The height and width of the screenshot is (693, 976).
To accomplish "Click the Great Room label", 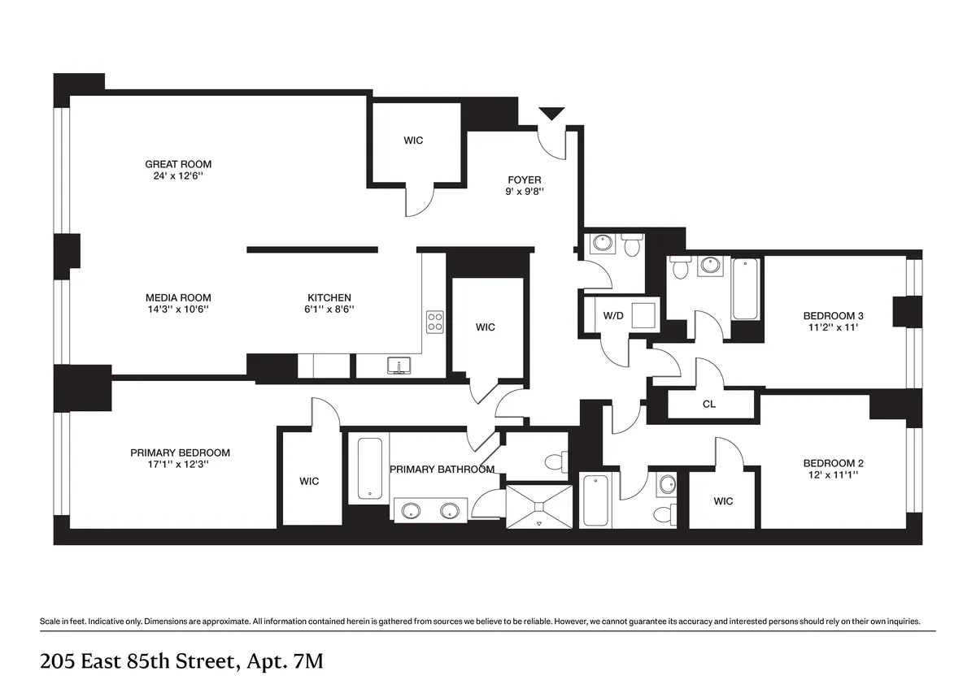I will coord(178,164).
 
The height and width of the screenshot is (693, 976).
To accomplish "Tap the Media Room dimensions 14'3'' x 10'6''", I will coord(178,309).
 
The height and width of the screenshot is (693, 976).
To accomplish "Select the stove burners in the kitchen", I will coord(435,322).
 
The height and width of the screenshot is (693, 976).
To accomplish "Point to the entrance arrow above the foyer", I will coord(552,114).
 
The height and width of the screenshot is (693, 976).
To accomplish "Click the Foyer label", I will coord(524,180).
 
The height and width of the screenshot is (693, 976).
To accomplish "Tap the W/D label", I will coord(612,316).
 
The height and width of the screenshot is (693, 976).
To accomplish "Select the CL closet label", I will coord(708,404).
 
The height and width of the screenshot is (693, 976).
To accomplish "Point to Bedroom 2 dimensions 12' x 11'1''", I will coord(833,474).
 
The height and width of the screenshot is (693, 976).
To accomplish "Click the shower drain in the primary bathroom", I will coord(538,506).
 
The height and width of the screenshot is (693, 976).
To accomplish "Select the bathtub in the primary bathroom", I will coord(369,469).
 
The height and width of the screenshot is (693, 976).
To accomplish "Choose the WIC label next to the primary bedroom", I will coord(309,481).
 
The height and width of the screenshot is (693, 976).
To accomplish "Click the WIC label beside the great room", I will coord(413,141).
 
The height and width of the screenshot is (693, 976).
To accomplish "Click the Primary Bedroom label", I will coord(180,453).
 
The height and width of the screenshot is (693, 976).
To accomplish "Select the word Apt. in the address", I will coord(259,662).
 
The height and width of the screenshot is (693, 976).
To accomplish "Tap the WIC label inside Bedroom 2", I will coord(723,501).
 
